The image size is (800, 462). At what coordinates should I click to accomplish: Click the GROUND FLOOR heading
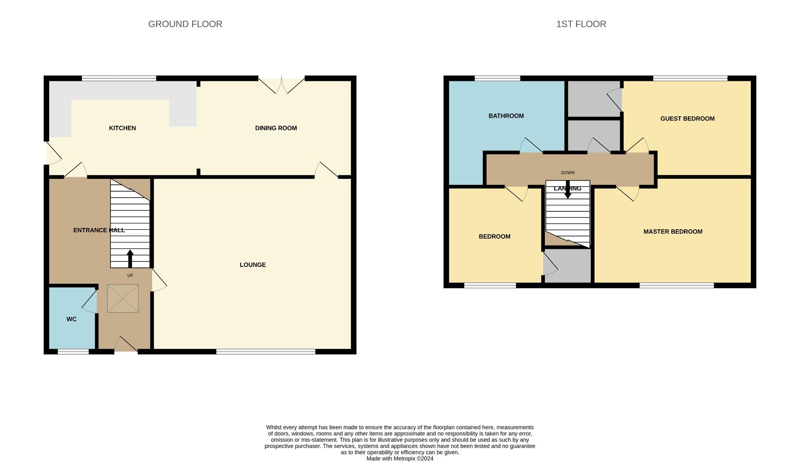[x=185, y=24]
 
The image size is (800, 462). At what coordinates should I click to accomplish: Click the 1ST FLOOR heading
[x=581, y=24]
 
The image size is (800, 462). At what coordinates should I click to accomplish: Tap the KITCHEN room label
[x=122, y=128]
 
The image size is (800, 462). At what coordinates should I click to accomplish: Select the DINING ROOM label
[x=276, y=128]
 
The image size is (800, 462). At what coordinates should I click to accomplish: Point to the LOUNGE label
[x=253, y=265]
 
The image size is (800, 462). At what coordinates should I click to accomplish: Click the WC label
[x=71, y=319]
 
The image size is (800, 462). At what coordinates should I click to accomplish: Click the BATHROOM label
[x=506, y=116]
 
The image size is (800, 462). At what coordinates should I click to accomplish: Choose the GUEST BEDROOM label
[x=687, y=118]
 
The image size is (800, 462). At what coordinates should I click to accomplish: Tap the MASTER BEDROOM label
[x=672, y=231]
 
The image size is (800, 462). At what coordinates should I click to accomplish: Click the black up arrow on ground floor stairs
[x=130, y=258]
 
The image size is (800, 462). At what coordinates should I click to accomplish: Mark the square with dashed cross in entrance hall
[x=122, y=299]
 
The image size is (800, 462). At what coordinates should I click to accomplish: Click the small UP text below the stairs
[x=130, y=275]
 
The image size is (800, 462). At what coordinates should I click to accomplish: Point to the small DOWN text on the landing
[x=568, y=173]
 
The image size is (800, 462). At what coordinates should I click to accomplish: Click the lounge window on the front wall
[x=265, y=352]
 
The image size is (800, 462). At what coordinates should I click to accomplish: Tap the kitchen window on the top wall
[x=119, y=78]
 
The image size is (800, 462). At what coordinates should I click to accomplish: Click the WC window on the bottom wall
[x=73, y=352]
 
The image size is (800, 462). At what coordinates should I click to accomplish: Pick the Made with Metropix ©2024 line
[x=400, y=459]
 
